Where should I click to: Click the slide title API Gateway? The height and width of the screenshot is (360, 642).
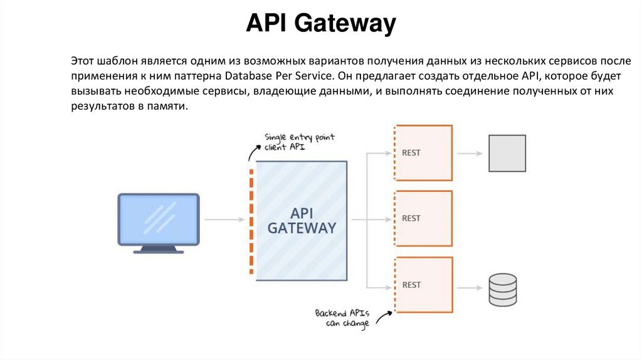tap(320, 24)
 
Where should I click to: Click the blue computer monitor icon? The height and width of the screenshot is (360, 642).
tap(159, 220)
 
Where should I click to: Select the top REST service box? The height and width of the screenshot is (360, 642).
tap(423, 152)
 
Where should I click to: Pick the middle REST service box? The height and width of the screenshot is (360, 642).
tap(423, 218)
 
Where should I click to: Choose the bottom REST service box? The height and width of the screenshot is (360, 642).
tap(423, 285)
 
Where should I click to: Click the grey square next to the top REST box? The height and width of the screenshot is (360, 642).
tap(507, 153)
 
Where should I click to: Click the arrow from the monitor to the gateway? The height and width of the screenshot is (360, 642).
tap(224, 220)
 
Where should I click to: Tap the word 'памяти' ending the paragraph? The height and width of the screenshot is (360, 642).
tap(169, 107)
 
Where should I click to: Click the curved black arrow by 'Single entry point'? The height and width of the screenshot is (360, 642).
tap(254, 152)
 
